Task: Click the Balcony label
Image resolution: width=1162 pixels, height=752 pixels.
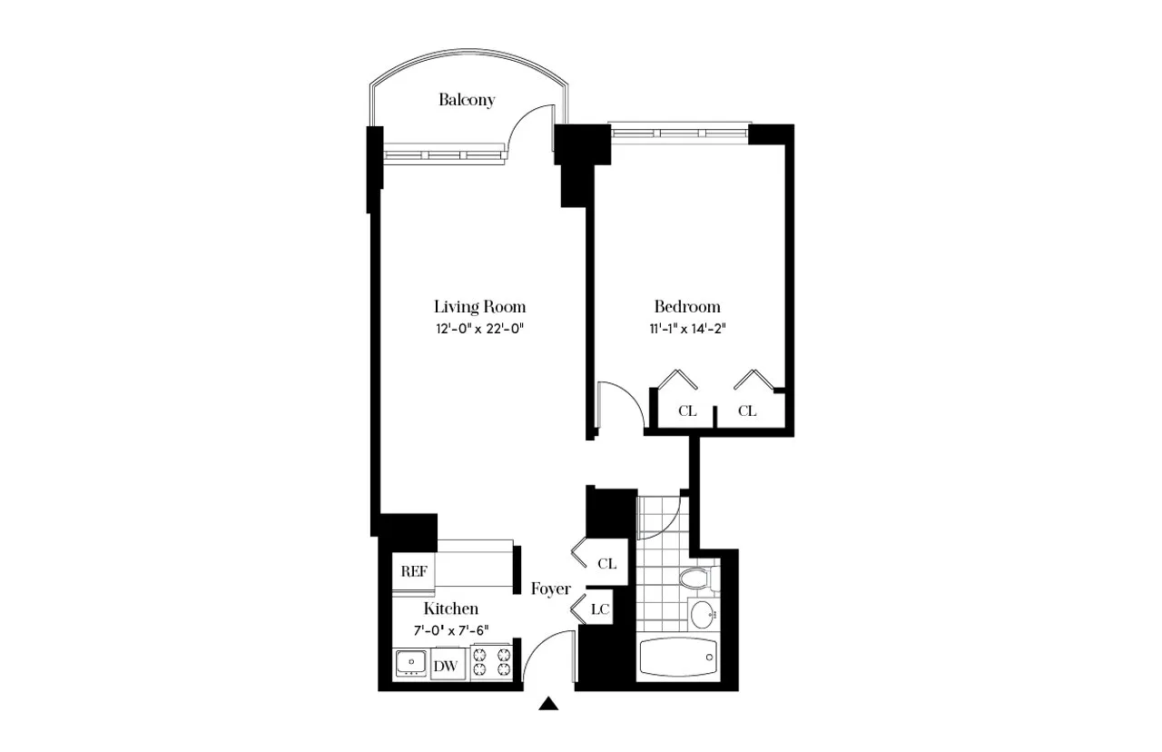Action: (x=467, y=100)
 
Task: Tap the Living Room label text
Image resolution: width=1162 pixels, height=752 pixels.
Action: (x=479, y=306)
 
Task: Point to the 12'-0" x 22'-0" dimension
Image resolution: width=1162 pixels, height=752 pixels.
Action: (x=479, y=330)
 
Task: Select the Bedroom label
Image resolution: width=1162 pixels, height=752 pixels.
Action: (x=687, y=306)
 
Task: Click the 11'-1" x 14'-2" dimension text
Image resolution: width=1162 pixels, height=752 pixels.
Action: (x=687, y=330)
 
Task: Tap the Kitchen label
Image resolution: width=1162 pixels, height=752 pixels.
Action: (x=450, y=609)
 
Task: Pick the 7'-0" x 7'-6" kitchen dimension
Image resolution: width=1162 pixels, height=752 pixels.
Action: (x=450, y=631)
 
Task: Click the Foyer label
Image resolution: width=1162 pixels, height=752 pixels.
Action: (x=551, y=589)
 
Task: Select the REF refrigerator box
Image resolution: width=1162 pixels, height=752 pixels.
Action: (x=415, y=572)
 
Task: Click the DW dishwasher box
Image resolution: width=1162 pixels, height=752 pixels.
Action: (x=445, y=666)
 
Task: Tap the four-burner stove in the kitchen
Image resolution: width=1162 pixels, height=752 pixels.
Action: (x=491, y=662)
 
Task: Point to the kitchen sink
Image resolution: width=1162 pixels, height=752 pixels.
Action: (x=411, y=664)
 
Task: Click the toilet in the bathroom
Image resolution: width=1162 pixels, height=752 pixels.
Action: (x=694, y=579)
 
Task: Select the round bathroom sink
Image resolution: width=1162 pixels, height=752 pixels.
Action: (x=703, y=615)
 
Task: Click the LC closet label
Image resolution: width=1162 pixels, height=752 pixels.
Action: (x=599, y=609)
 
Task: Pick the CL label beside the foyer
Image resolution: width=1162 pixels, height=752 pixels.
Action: (x=606, y=564)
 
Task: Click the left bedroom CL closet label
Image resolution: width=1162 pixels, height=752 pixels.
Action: (x=687, y=411)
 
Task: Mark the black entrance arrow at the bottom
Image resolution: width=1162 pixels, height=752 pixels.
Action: (x=548, y=704)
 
